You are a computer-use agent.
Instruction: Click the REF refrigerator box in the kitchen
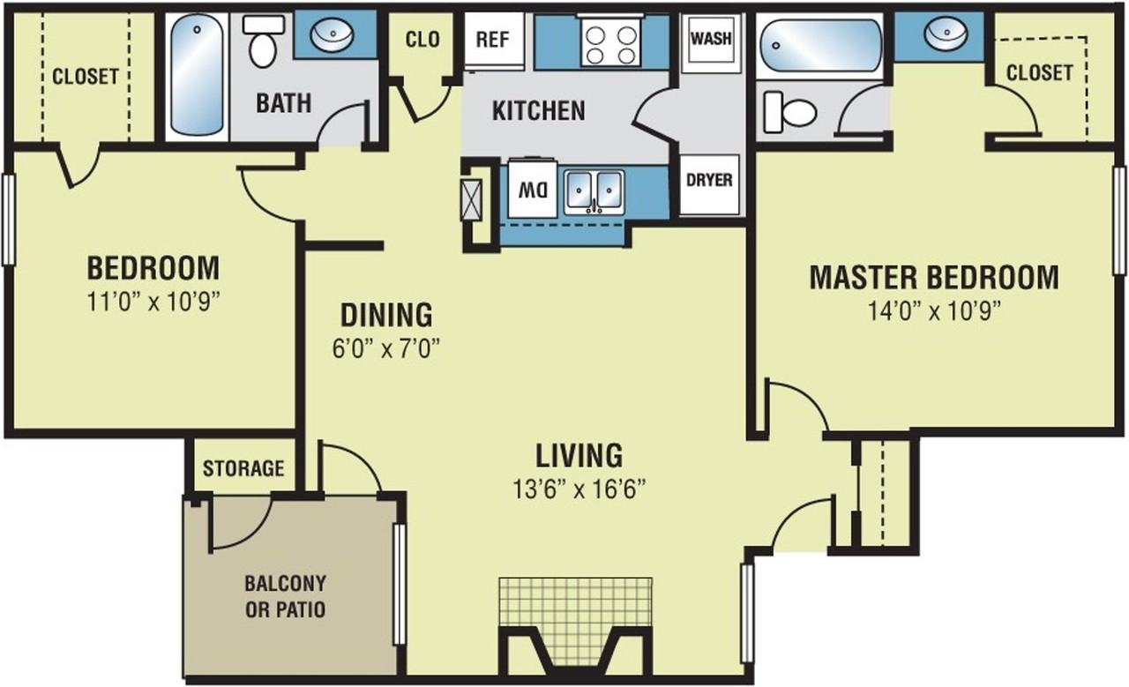coord(494,41)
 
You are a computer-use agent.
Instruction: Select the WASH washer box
coord(711,38)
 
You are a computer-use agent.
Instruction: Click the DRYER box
coord(709,184)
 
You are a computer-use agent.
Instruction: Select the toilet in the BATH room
coord(263,41)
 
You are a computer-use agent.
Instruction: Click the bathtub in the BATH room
coord(196,76)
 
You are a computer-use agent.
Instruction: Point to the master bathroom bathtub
coord(821,45)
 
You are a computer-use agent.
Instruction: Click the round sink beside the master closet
coord(946,34)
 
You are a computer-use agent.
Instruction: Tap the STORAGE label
coord(243,468)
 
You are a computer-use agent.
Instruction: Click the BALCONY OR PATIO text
coord(285,597)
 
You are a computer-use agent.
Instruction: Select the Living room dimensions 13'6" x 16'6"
coord(579,489)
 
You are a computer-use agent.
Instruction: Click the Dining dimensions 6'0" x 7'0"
coord(386,347)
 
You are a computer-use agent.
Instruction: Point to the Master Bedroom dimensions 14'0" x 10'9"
coord(934,311)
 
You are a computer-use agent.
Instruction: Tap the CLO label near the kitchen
coord(422,40)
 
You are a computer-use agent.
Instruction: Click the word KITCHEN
coord(539,111)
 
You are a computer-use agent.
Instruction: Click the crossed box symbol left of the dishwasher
coord(472,199)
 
